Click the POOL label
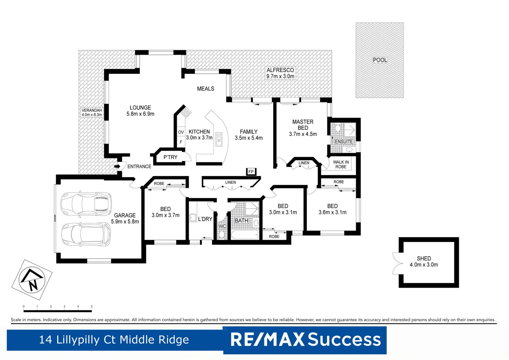pos(380,60)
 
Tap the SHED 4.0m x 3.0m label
pos(424,261)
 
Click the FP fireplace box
pos(251,172)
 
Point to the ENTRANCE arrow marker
pos(117,166)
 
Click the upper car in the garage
pos(86,203)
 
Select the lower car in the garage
pos(86,234)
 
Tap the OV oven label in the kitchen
pos(181,132)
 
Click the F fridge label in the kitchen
pos(181,142)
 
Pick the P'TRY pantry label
pos(170,157)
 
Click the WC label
pos(222,226)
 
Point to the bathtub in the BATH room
pos(245,235)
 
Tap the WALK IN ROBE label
pos(341,164)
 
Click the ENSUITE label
pos(344,142)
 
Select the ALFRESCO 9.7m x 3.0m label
pos(280,73)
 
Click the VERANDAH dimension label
pos(92,112)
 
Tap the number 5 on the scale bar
pos(92,306)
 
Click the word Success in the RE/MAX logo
pos(344,340)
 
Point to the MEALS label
pos(206,89)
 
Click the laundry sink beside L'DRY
pos(193,218)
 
